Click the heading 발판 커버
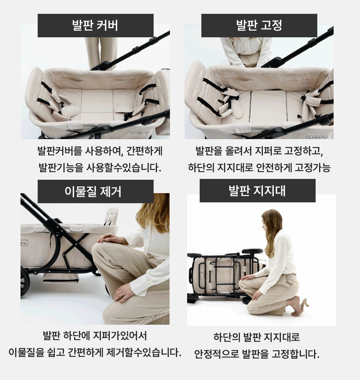point(95,25)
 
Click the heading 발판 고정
point(259,25)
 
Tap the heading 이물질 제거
point(93,191)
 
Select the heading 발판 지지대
point(257,191)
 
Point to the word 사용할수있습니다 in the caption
point(124,168)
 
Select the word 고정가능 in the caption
point(313,168)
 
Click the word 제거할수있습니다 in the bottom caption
point(144,352)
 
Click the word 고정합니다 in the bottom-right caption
point(295,354)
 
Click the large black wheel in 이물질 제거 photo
point(25,282)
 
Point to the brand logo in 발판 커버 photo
point(139,132)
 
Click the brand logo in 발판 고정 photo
point(316,137)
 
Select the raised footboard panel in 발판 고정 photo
point(269,107)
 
